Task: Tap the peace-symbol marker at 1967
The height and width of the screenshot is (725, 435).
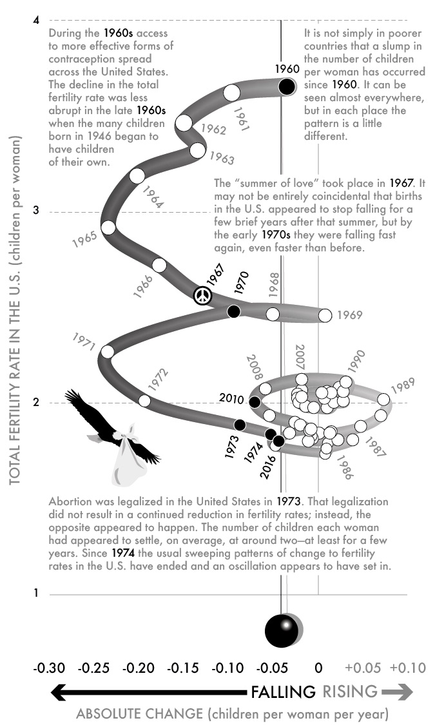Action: point(202,296)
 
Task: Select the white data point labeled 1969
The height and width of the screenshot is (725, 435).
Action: point(325,315)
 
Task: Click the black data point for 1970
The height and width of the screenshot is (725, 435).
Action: point(233,312)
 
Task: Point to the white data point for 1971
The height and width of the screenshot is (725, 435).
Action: point(108,352)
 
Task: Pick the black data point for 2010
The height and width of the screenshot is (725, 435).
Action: point(255,402)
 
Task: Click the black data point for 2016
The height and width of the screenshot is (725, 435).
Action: point(278,441)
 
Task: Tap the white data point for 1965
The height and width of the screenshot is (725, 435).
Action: point(108,227)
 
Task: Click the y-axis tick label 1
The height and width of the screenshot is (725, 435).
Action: point(36,594)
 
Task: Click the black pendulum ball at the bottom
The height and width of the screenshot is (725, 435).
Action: point(282,630)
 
